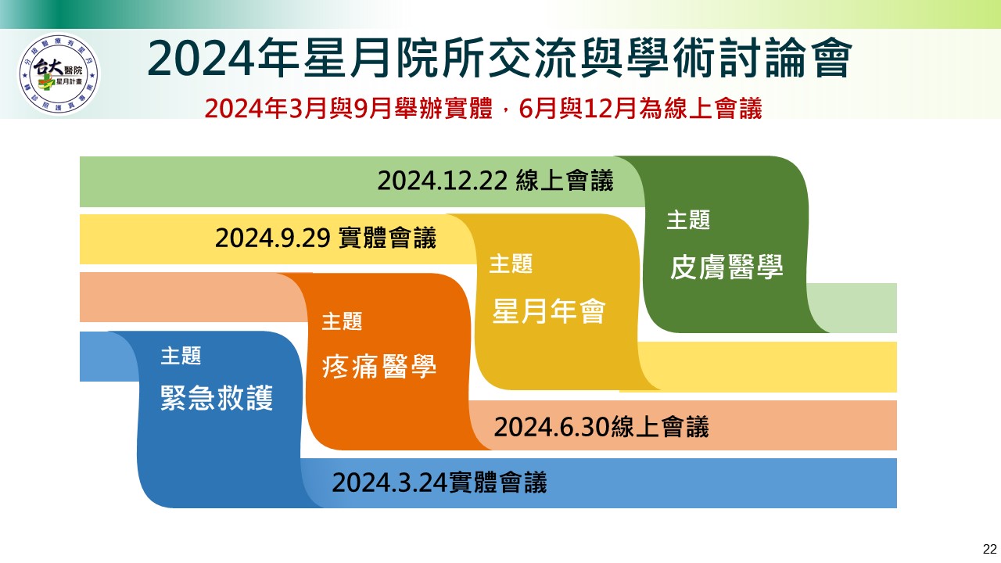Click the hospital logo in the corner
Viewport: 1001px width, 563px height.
pyautogui.click(x=59, y=74)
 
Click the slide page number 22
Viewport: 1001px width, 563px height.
pyautogui.click(x=989, y=549)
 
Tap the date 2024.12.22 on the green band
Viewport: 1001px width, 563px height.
pyautogui.click(x=443, y=181)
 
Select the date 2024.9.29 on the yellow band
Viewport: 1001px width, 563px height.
pyautogui.click(x=273, y=238)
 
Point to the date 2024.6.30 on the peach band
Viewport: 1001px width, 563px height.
pyautogui.click(x=552, y=427)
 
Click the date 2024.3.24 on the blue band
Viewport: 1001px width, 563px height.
pyautogui.click(x=389, y=482)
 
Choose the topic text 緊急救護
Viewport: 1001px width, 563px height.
pyautogui.click(x=217, y=398)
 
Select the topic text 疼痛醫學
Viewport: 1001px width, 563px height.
pyautogui.click(x=379, y=367)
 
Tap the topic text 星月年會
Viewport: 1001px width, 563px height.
pyautogui.click(x=549, y=311)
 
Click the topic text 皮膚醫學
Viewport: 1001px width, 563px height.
pyautogui.click(x=727, y=267)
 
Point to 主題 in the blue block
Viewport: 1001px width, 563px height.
pyautogui.click(x=181, y=356)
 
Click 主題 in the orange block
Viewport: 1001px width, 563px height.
pyautogui.click(x=342, y=321)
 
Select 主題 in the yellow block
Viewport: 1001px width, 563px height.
pyautogui.click(x=511, y=264)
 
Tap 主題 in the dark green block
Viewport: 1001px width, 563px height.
pyautogui.click(x=688, y=220)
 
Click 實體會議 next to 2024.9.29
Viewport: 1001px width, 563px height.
pyautogui.click(x=387, y=238)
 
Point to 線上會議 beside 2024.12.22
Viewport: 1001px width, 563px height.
pyautogui.click(x=565, y=181)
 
